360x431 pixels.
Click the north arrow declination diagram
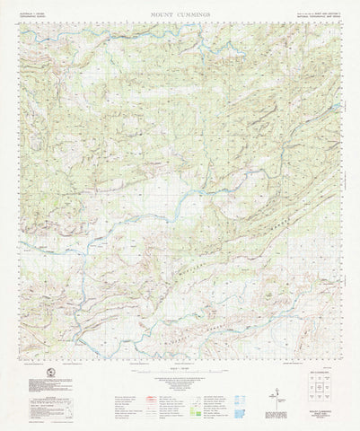click(270, 386)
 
